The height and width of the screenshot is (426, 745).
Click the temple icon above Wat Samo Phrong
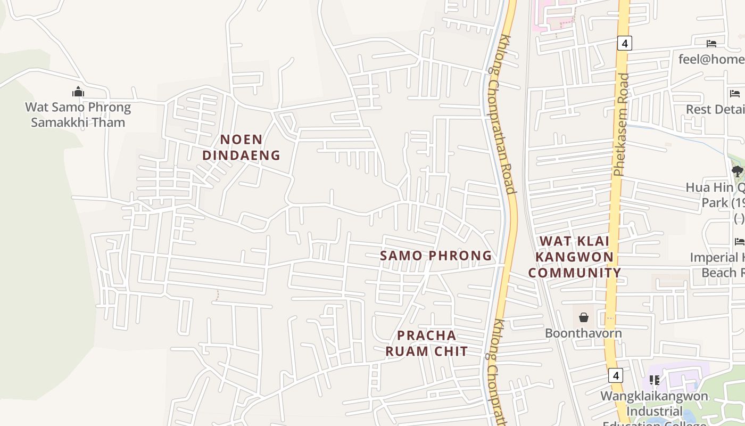pyautogui.click(x=78, y=92)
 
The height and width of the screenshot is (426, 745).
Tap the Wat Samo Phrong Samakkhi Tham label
pyautogui.click(x=78, y=114)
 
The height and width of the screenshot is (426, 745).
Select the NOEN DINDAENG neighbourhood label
pyautogui.click(x=241, y=147)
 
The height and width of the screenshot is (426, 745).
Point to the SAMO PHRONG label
pyautogui.click(x=436, y=256)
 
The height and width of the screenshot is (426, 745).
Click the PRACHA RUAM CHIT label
pyautogui.click(x=427, y=343)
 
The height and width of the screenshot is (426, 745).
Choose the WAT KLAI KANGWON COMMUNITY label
pyautogui.click(x=575, y=257)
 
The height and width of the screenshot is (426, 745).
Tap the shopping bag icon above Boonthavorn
pyautogui.click(x=584, y=317)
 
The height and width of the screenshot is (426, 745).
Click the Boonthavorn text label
pyautogui.click(x=583, y=333)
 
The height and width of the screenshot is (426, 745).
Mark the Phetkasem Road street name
pyautogui.click(x=620, y=125)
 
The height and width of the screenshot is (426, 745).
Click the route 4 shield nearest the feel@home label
pyautogui.click(x=624, y=43)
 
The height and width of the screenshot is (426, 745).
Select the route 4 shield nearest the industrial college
pyautogui.click(x=616, y=375)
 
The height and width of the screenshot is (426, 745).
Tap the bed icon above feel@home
pyautogui.click(x=711, y=44)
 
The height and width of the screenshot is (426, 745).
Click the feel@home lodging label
pyautogui.click(x=711, y=59)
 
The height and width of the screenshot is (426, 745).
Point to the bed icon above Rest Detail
pyautogui.click(x=735, y=94)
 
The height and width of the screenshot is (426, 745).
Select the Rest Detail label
pyautogui.click(x=715, y=109)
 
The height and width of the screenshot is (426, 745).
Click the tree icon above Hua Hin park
pyautogui.click(x=737, y=171)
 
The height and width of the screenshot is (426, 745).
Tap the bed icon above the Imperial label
pyautogui.click(x=739, y=241)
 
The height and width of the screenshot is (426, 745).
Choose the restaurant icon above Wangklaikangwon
pyautogui.click(x=655, y=380)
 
